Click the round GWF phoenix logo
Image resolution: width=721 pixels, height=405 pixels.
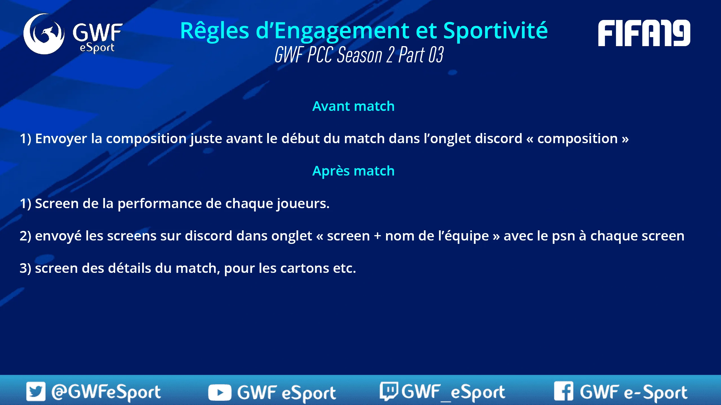coord(44,34)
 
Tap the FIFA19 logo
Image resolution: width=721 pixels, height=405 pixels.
coord(644,33)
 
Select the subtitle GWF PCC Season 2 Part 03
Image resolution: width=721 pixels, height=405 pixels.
coord(359,55)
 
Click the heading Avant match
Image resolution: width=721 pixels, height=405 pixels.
coord(353,106)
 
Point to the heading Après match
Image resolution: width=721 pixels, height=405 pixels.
coord(353,171)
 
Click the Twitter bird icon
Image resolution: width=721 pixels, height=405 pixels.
coord(36,391)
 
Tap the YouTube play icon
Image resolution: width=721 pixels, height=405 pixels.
coord(220,392)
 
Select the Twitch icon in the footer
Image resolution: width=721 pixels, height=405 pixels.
coord(389,391)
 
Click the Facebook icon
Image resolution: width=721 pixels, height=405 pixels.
coord(564,391)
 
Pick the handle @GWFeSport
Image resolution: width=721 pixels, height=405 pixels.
coord(106,392)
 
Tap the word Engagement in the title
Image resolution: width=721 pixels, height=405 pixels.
coord(342,31)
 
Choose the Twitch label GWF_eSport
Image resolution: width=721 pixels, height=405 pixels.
coord(453,392)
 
